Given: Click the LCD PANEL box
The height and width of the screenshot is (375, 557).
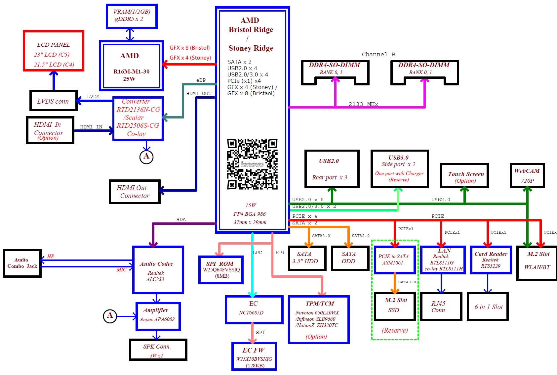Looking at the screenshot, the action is click(x=54, y=51).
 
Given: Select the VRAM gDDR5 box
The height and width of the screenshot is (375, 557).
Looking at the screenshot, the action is click(x=132, y=16).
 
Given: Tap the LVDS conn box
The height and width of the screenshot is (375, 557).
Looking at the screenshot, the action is click(x=54, y=101).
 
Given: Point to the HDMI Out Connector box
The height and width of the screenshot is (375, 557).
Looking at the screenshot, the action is click(x=135, y=192).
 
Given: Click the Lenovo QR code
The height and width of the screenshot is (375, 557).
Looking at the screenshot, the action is click(x=252, y=164).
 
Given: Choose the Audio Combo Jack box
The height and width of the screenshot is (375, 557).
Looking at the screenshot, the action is click(x=22, y=263).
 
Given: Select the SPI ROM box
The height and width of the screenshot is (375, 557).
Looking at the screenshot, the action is click(x=221, y=270).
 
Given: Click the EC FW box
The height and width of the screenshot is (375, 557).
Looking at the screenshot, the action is click(x=254, y=356).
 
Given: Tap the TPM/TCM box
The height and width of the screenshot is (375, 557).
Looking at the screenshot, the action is click(x=319, y=320).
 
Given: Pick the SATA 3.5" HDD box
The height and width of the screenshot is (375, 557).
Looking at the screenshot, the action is click(x=307, y=258).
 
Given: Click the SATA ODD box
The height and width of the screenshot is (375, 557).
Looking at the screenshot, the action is click(x=350, y=258).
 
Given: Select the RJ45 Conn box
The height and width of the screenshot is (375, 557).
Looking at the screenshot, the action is click(x=441, y=306).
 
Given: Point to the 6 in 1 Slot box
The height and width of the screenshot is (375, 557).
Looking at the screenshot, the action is click(x=488, y=306).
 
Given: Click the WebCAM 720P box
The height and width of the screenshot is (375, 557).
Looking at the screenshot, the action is click(x=527, y=175).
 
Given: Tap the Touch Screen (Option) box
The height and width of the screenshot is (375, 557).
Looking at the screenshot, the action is click(x=464, y=175).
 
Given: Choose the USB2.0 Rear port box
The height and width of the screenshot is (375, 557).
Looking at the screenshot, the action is click(x=332, y=169).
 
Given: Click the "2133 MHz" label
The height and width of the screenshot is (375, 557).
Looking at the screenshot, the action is click(x=363, y=104).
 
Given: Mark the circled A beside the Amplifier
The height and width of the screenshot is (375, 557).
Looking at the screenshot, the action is click(x=110, y=316).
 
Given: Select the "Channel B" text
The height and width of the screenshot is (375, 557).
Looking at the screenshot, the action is click(x=378, y=54).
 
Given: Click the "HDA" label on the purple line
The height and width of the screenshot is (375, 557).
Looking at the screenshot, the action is click(x=181, y=219).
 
